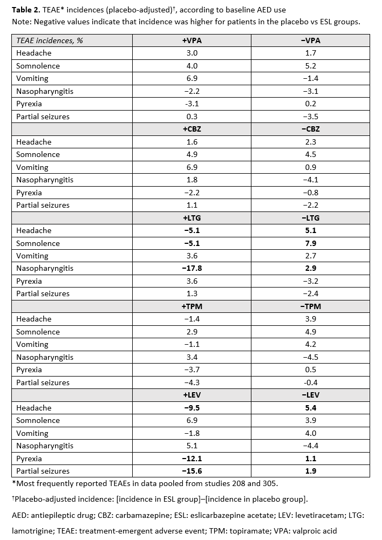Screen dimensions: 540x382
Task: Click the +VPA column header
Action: click(192, 40)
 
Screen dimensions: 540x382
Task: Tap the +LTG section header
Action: click(192, 218)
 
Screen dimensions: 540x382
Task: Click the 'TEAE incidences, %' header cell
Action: click(50, 40)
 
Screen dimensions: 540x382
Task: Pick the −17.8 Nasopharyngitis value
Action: click(192, 268)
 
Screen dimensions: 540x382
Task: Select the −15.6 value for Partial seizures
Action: click(192, 471)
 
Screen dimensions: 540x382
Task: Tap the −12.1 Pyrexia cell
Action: click(192, 459)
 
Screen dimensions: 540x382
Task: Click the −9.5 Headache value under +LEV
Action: click(192, 408)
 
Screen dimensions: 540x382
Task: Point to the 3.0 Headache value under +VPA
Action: click(192, 53)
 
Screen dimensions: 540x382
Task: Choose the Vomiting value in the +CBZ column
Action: click(192, 167)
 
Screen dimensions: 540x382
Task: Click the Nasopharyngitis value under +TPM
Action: click(192, 357)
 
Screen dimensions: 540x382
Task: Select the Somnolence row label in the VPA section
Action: click(38, 66)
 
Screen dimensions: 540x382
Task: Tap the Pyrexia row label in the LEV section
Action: click(29, 459)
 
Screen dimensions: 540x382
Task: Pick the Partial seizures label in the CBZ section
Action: click(43, 205)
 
